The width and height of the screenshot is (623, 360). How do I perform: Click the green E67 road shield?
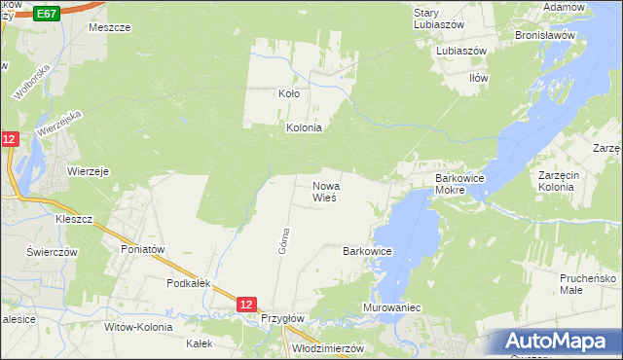click(47, 13)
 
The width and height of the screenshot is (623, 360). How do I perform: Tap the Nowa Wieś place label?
click(324, 191)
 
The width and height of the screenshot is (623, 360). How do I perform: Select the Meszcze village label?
click(109, 27)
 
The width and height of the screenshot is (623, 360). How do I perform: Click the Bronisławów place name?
click(546, 34)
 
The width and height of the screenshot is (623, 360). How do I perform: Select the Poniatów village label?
click(145, 249)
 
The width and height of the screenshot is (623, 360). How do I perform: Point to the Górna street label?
click(284, 240)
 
